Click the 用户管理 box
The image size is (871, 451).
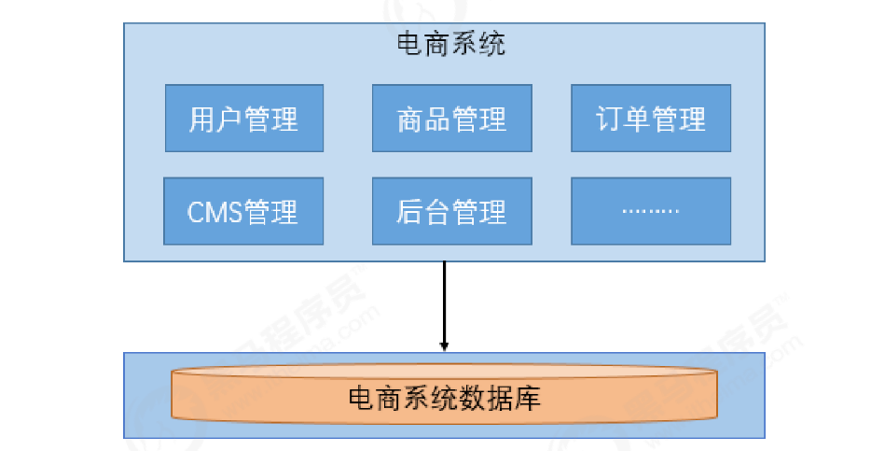[x=244, y=119]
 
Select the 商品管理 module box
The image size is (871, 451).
[x=451, y=119]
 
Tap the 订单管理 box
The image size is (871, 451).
[x=650, y=119]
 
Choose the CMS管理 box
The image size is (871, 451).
[x=243, y=212]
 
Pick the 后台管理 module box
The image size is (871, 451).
[x=451, y=212]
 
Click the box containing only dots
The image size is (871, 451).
[x=650, y=212]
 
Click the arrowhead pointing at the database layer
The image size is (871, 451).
[x=445, y=345]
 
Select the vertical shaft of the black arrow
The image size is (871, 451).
[x=445, y=299]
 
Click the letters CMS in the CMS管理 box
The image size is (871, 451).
[x=214, y=213]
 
